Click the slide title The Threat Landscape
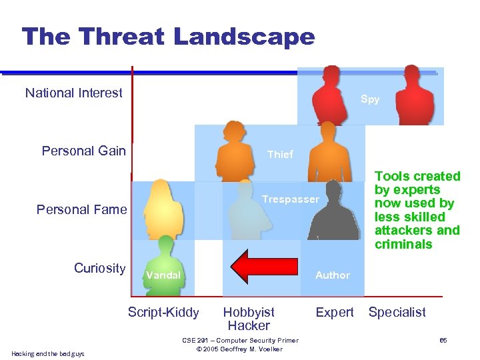point(168,36)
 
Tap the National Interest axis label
point(73,93)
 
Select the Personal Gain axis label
point(83,151)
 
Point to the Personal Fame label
point(81,209)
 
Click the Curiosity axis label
point(99,268)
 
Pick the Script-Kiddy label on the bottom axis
point(163,312)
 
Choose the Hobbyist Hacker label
point(249,319)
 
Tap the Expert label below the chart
point(334,312)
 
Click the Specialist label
point(397,312)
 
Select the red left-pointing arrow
point(266,267)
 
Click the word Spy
point(370,99)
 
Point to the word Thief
point(280,154)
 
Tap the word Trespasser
point(291,199)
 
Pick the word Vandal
point(163,275)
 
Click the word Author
point(332,275)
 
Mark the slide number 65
point(443,341)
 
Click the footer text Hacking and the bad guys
point(48,353)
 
